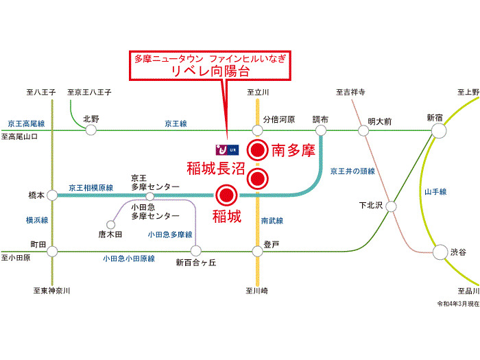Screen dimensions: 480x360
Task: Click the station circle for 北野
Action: click(91, 130)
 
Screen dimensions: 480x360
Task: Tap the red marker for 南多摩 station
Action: click(257, 150)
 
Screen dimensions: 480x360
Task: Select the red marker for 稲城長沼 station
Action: click(257, 178)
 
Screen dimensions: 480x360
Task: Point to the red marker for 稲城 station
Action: click(226, 195)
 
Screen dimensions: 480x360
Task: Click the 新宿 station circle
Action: click(439, 130)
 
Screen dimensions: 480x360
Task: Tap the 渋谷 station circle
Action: click(440, 252)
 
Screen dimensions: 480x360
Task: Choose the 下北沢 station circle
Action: click(391, 206)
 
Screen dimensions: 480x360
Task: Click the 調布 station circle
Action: click(320, 130)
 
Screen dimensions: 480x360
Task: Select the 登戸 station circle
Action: click(257, 252)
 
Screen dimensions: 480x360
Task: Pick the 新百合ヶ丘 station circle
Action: click(196, 251)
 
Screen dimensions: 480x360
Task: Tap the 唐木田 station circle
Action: click(110, 225)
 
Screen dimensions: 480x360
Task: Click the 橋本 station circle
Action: click(52, 195)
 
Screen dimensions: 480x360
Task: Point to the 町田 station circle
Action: click(52, 252)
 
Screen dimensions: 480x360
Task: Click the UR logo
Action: click(227, 150)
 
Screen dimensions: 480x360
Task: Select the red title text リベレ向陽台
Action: click(211, 71)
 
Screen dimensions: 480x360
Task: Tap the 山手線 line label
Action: click(435, 192)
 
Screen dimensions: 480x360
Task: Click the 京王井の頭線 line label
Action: click(352, 171)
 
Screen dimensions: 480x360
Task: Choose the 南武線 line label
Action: click(272, 220)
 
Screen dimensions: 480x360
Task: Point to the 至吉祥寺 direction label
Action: click(350, 92)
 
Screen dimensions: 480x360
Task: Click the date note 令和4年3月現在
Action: click(458, 303)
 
